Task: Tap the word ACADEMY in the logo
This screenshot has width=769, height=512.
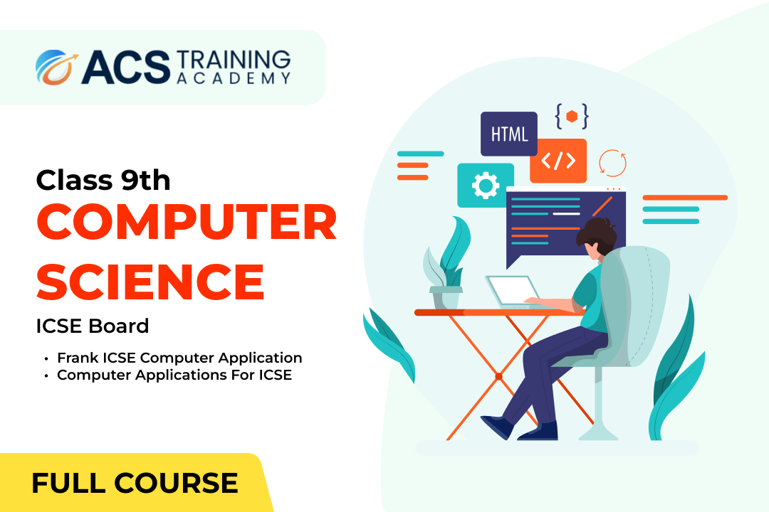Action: pos(234,78)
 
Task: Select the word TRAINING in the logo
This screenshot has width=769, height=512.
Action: pos(234,60)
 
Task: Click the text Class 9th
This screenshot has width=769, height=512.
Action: pos(103,180)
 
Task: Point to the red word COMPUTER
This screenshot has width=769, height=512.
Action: pos(187,222)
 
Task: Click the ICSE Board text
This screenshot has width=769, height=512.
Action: pos(92,326)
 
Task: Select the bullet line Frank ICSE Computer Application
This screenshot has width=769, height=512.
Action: pos(179,358)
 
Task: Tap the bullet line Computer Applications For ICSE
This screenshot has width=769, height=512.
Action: pos(174,375)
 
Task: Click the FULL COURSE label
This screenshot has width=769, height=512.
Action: pos(135,483)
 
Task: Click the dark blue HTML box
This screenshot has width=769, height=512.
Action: pos(509,134)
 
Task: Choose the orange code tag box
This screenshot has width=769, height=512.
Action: pos(558,161)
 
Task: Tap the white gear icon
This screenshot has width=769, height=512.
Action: pos(486,185)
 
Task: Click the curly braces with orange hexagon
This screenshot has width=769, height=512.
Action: pos(571,116)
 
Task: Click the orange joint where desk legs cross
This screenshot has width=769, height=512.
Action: pos(498,376)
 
